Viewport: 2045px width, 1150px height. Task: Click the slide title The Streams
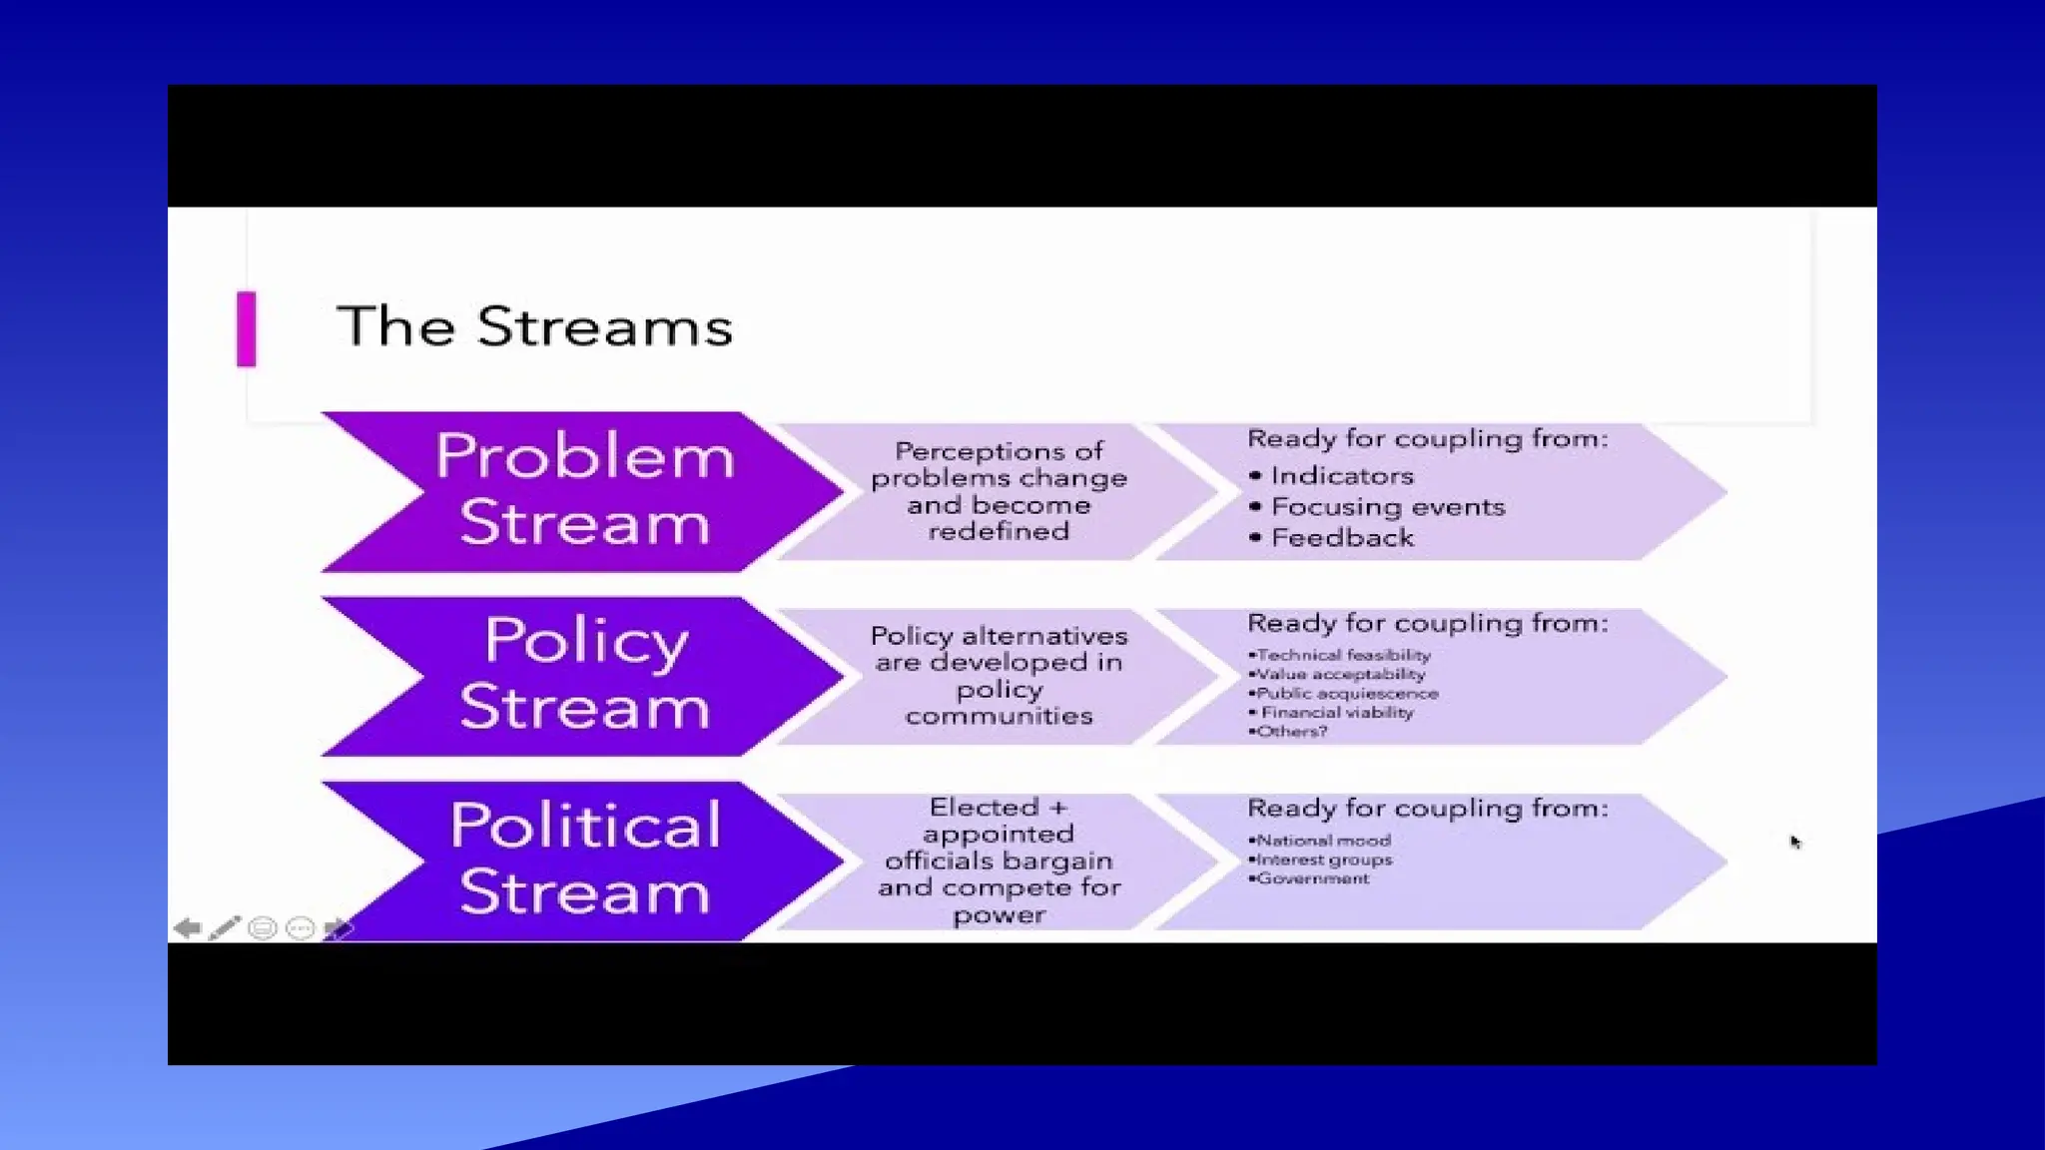pos(534,326)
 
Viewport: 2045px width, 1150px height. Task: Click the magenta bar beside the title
pos(246,328)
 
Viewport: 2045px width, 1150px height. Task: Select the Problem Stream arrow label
pos(584,490)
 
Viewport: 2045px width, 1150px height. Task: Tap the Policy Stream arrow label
pos(584,674)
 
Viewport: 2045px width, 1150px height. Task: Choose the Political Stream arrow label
pos(584,859)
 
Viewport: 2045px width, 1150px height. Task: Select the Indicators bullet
pos(1341,476)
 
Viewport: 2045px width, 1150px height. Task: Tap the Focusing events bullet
pos(1387,507)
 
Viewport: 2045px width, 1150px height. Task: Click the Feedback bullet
pos(1342,538)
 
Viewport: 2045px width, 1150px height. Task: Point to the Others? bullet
pos(1291,731)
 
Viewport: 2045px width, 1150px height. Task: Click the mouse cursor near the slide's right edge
pos(1795,843)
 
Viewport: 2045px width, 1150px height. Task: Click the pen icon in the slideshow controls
pos(225,928)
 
